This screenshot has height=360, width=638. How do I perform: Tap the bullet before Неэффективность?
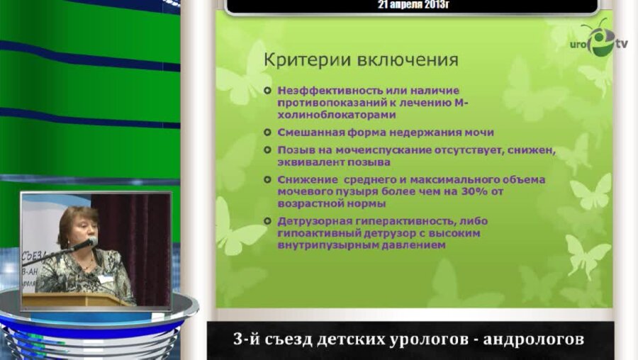click(x=267, y=91)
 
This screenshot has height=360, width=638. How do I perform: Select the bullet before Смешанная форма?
click(x=267, y=133)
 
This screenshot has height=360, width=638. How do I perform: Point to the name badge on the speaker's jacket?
click(x=106, y=278)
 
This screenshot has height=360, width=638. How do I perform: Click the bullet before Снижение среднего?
click(x=267, y=180)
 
